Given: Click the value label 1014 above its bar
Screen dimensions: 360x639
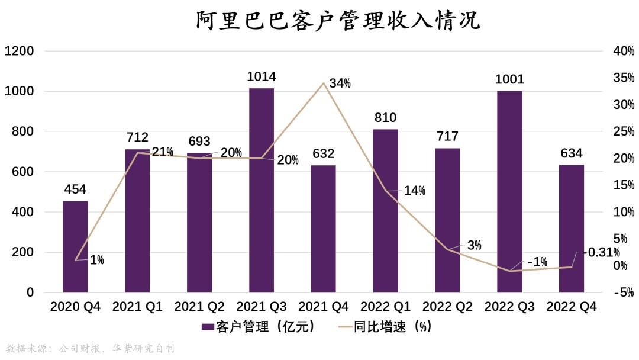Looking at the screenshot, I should pyautogui.click(x=262, y=76).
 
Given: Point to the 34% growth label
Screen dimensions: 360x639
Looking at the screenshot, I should pyautogui.click(x=340, y=83).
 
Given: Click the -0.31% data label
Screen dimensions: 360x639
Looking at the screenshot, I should pyautogui.click(x=599, y=252).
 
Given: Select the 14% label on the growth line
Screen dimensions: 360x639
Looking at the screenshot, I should pyautogui.click(x=415, y=191).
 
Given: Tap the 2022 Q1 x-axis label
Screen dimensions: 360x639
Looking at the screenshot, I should pyautogui.click(x=386, y=307).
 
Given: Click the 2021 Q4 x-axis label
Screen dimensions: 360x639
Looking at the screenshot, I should pyautogui.click(x=324, y=307).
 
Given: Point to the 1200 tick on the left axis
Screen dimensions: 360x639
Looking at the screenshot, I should pyautogui.click(x=19, y=51).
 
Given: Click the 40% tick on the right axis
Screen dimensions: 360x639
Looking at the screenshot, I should pyautogui.click(x=623, y=51).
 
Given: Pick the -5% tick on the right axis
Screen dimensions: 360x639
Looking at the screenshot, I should pyautogui.click(x=623, y=292).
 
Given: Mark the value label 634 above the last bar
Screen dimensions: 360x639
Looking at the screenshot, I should pyautogui.click(x=572, y=154).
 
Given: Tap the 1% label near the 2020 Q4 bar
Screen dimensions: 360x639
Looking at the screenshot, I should pyautogui.click(x=96, y=259).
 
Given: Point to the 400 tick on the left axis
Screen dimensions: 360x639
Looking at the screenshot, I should pyautogui.click(x=23, y=212).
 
